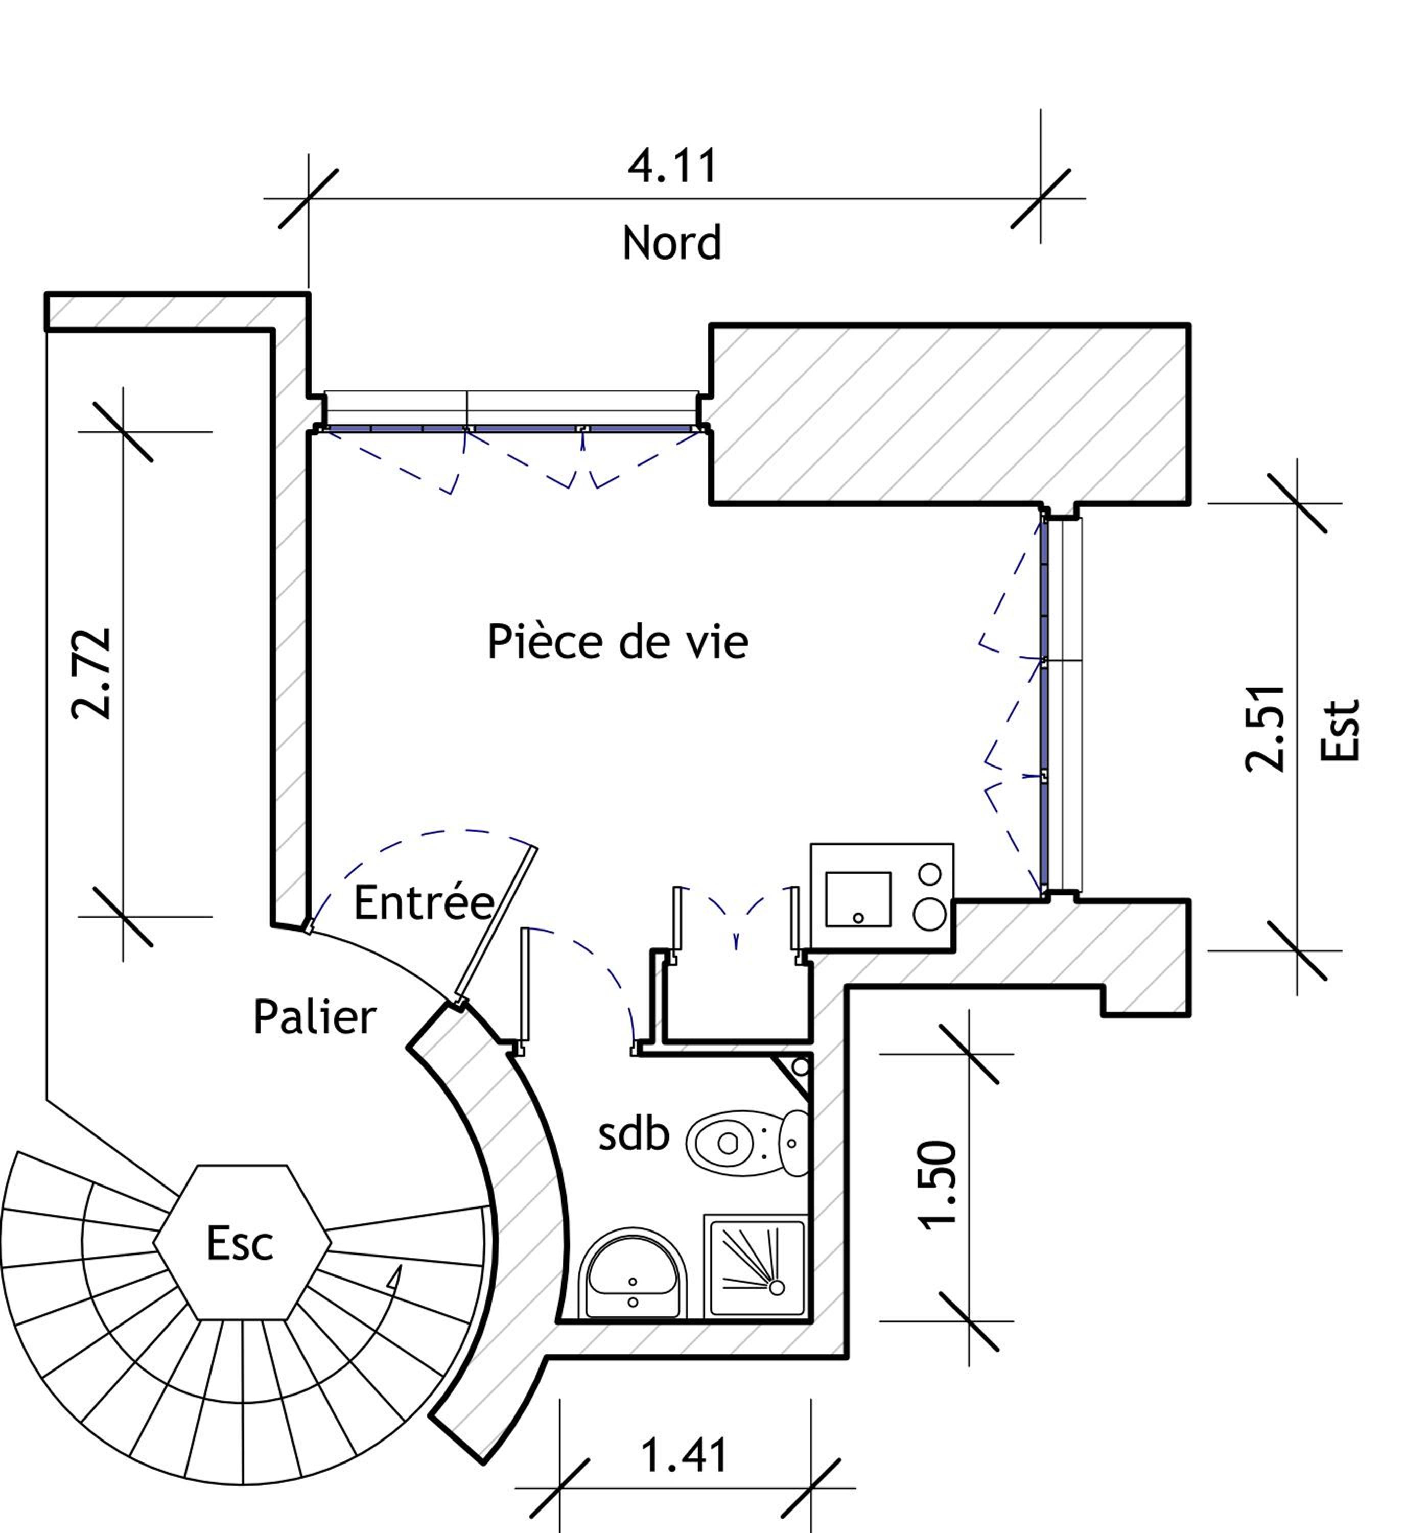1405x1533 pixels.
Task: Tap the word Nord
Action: click(672, 243)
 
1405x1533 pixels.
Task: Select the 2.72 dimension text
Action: click(92, 673)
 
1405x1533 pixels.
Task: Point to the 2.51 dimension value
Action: click(1264, 729)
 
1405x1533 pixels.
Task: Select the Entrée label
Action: click(424, 902)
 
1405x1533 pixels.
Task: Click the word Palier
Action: click(315, 1017)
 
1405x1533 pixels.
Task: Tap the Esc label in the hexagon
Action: click(240, 1243)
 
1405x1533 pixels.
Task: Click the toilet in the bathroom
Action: click(748, 1142)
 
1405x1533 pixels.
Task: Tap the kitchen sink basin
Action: click(858, 899)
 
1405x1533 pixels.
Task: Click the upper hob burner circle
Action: click(930, 874)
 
